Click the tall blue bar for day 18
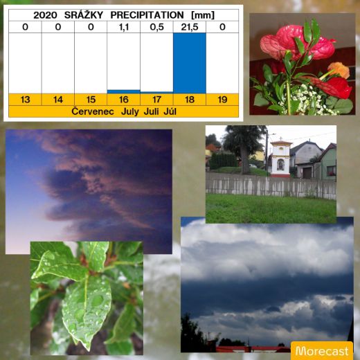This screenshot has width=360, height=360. pyautogui.click(x=190, y=63)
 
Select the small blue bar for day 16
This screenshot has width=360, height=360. pyautogui.click(x=123, y=91)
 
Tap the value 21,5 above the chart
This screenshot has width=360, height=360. pyautogui.click(x=190, y=27)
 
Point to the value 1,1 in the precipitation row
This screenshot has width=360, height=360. pyautogui.click(x=124, y=27)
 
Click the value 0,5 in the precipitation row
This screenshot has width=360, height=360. pyautogui.click(x=156, y=27)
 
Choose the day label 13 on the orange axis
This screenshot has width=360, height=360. pyautogui.click(x=25, y=100)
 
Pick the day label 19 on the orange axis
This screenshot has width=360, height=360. pyautogui.click(x=222, y=100)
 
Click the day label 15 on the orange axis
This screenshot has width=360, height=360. pyautogui.click(x=91, y=100)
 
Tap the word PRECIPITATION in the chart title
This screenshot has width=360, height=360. pyautogui.click(x=147, y=15)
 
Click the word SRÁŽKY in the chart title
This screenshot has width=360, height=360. pyautogui.click(x=84, y=15)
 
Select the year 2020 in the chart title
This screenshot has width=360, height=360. pyautogui.click(x=45, y=15)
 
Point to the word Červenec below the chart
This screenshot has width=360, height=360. pyautogui.click(x=93, y=111)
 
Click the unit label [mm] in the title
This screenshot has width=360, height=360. pyautogui.click(x=203, y=15)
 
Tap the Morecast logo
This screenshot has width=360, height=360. pyautogui.click(x=322, y=351)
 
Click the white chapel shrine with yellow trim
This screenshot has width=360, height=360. pyautogui.click(x=280, y=159)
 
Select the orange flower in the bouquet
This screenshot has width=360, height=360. pyautogui.click(x=339, y=70)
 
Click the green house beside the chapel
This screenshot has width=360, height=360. pyautogui.click(x=327, y=162)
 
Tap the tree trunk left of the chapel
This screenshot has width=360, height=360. pyautogui.click(x=245, y=161)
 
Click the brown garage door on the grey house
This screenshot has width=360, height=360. pyautogui.click(x=307, y=173)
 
